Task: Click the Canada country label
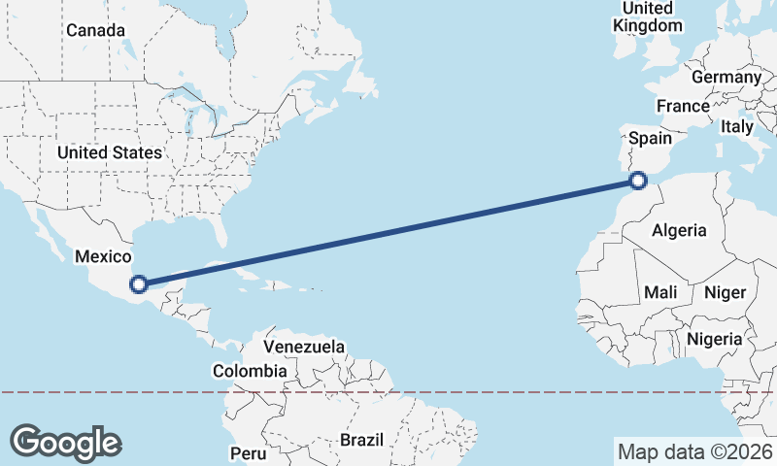[95, 30]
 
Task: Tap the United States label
[109, 152]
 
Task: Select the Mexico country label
[103, 256]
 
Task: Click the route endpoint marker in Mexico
[139, 284]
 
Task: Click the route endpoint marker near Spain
[638, 180]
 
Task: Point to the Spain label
[650, 139]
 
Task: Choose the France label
[683, 106]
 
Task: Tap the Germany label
[726, 77]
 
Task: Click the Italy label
[737, 126]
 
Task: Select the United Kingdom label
[648, 17]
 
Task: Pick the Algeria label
[679, 230]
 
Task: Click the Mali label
[660, 292]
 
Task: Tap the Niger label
[724, 292]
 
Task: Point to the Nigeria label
[714, 339]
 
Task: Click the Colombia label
[250, 371]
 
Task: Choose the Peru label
[248, 453]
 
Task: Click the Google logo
[66, 442]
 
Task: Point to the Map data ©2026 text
[694, 451]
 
